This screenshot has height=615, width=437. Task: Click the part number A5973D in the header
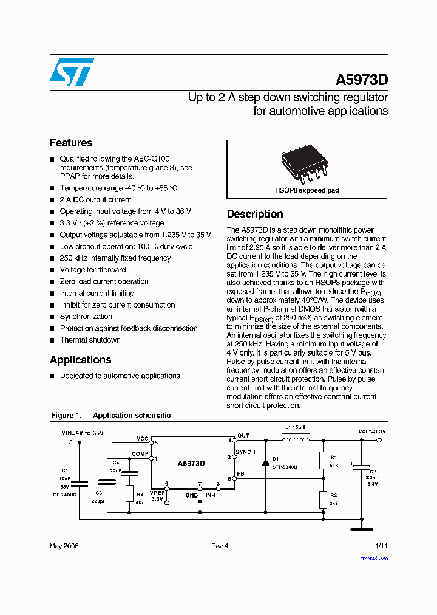362,80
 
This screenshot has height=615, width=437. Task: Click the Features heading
71,143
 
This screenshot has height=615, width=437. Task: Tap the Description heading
255,214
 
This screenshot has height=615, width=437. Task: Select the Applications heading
80,360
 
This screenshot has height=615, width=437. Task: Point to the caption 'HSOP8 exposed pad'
307,190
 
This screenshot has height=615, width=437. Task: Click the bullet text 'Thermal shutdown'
90,340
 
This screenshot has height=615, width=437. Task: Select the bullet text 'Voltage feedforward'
93,270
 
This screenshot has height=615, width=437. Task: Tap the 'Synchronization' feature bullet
86,317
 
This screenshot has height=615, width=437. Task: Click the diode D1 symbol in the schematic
265,462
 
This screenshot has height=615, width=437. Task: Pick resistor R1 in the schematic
322,460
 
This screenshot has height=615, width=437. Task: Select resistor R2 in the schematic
322,500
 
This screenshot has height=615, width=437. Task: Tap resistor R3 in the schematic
129,493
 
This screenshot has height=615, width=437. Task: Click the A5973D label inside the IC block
191,464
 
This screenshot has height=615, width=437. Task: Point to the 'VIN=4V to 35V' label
83,433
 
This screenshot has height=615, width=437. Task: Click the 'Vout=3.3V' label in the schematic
371,431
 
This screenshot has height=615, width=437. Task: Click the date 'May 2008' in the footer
64,546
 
